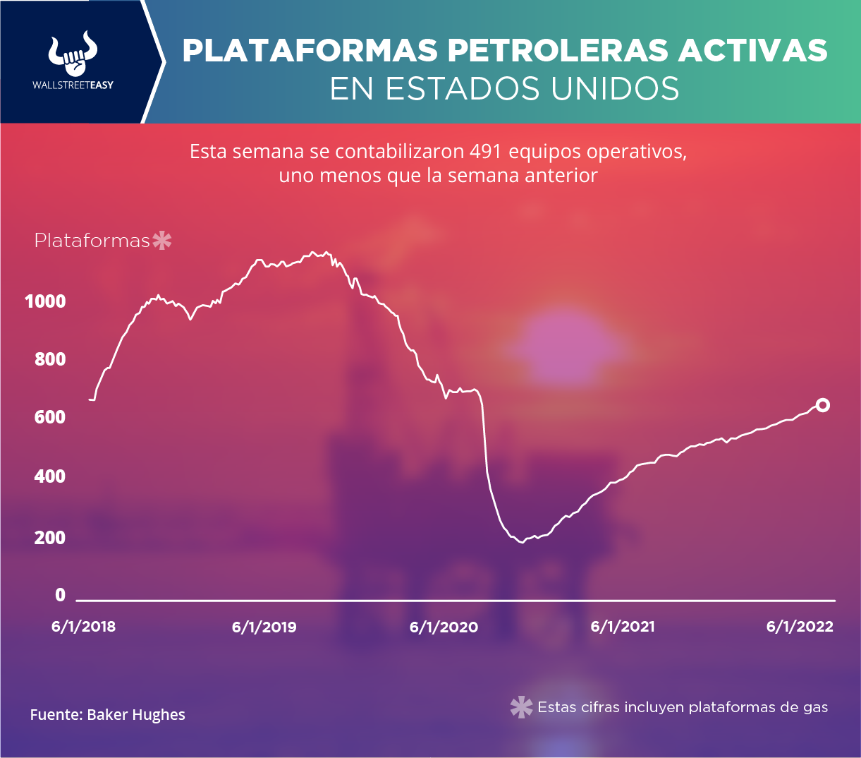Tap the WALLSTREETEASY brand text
(73, 85)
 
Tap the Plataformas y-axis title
(92, 241)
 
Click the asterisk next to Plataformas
(162, 241)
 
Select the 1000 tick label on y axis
(45, 301)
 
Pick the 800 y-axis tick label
(50, 359)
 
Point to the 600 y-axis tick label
(50, 417)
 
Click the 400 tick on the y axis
(50, 476)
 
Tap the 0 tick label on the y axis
(60, 595)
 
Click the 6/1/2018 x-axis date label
(83, 627)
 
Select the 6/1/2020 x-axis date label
(444, 627)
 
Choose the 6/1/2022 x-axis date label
(800, 627)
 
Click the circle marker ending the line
(822, 405)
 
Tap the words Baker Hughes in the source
(136, 715)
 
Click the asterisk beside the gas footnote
(521, 707)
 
